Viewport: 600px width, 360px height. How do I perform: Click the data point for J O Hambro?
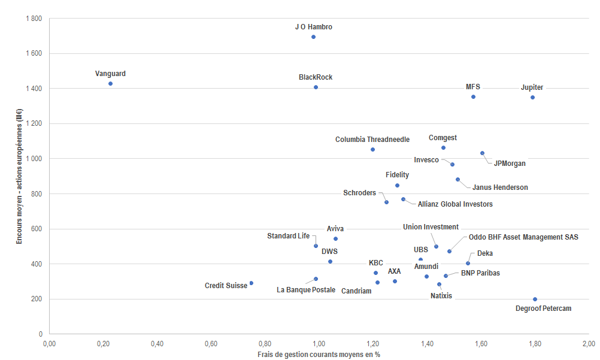pos(313,37)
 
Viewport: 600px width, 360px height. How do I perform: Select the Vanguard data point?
pos(110,84)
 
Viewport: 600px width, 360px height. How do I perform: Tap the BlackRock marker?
pos(316,87)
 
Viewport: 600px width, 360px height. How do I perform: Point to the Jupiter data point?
pos(532,97)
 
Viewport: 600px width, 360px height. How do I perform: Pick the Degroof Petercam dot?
pos(535,300)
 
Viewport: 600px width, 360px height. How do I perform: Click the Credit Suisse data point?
pos(251,283)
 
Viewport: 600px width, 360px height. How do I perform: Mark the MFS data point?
pos(473,96)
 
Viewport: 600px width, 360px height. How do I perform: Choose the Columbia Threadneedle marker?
pos(372,149)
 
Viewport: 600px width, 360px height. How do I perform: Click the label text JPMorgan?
pos(510,164)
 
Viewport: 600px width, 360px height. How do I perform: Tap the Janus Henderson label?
pos(500,187)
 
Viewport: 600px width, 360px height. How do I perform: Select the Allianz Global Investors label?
pos(455,204)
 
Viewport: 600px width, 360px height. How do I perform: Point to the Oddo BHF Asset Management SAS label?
pos(523,237)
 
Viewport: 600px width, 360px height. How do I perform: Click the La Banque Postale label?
pos(306,290)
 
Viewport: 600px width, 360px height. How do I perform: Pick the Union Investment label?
pos(431,227)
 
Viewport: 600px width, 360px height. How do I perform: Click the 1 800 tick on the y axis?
pos(34,19)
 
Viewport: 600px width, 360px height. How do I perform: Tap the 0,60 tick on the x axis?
pos(211,344)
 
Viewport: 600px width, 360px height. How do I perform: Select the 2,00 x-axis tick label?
pos(589,344)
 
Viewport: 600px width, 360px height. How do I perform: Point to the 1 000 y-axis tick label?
pos(34,159)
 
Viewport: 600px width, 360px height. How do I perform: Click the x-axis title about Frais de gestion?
pos(319,354)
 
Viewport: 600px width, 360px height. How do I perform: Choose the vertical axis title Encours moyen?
pos(20,176)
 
